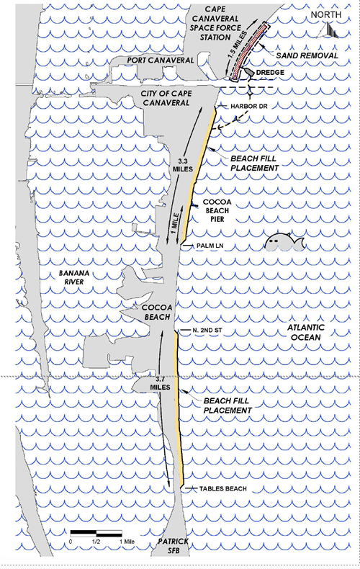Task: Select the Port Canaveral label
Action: click(160, 61)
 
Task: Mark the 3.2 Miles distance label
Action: click(158, 385)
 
